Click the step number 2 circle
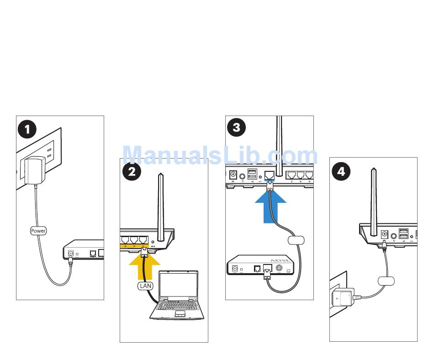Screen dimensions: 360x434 [132, 171]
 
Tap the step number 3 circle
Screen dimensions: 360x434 [236, 127]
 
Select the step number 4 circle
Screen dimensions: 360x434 [341, 172]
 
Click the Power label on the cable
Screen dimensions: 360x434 [38, 231]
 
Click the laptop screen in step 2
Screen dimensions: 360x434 [178, 286]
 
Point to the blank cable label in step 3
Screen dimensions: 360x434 [296, 240]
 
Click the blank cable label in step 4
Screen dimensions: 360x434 [386, 281]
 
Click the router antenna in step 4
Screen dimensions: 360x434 [374, 201]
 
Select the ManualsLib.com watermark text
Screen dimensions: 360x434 [220, 155]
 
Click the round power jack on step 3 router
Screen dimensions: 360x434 [233, 175]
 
